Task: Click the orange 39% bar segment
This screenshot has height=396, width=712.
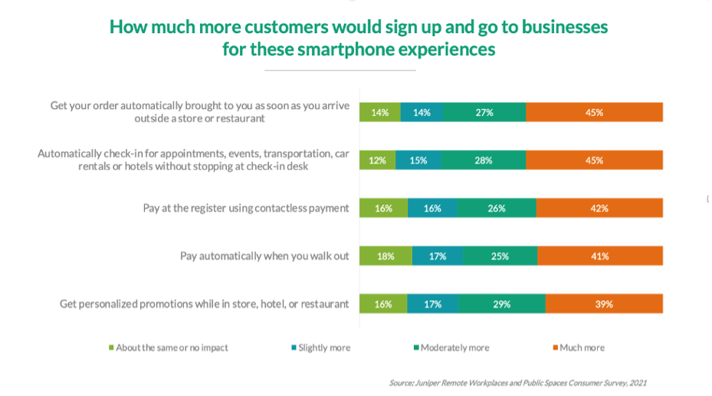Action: (x=604, y=304)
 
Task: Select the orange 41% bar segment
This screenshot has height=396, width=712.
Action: (x=600, y=256)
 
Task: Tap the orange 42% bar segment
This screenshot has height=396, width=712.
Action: (x=599, y=208)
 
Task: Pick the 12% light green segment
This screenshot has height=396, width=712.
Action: (x=378, y=160)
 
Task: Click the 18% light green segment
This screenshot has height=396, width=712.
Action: (x=386, y=256)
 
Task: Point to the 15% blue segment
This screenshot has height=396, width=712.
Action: (x=418, y=160)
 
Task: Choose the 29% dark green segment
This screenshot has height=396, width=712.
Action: (x=502, y=304)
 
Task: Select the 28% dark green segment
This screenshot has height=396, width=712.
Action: (x=483, y=160)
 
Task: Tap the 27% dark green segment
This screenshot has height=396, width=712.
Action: (x=484, y=112)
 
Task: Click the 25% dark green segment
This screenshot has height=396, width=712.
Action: (x=500, y=256)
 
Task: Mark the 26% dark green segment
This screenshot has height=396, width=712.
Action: (x=496, y=208)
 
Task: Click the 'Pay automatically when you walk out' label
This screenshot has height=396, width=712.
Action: (x=264, y=256)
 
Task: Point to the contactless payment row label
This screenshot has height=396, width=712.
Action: (x=246, y=208)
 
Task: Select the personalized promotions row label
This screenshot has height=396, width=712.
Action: (x=204, y=304)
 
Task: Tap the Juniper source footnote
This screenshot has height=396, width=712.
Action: (x=519, y=382)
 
